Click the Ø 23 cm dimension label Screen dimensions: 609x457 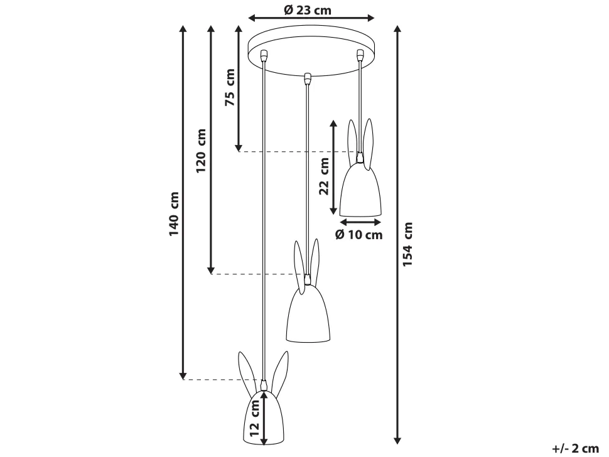coord(307,9)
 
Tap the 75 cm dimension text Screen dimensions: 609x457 coord(230,87)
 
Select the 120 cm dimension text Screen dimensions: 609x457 coord(201,151)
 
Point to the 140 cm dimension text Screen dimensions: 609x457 coord(173,213)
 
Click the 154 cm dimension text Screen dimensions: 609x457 coord(407,244)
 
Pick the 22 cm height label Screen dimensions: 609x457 coord(323,176)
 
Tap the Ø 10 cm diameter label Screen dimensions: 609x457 coord(359,235)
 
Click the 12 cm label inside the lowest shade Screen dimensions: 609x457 coord(254,418)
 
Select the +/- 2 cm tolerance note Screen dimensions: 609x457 coord(576,448)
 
